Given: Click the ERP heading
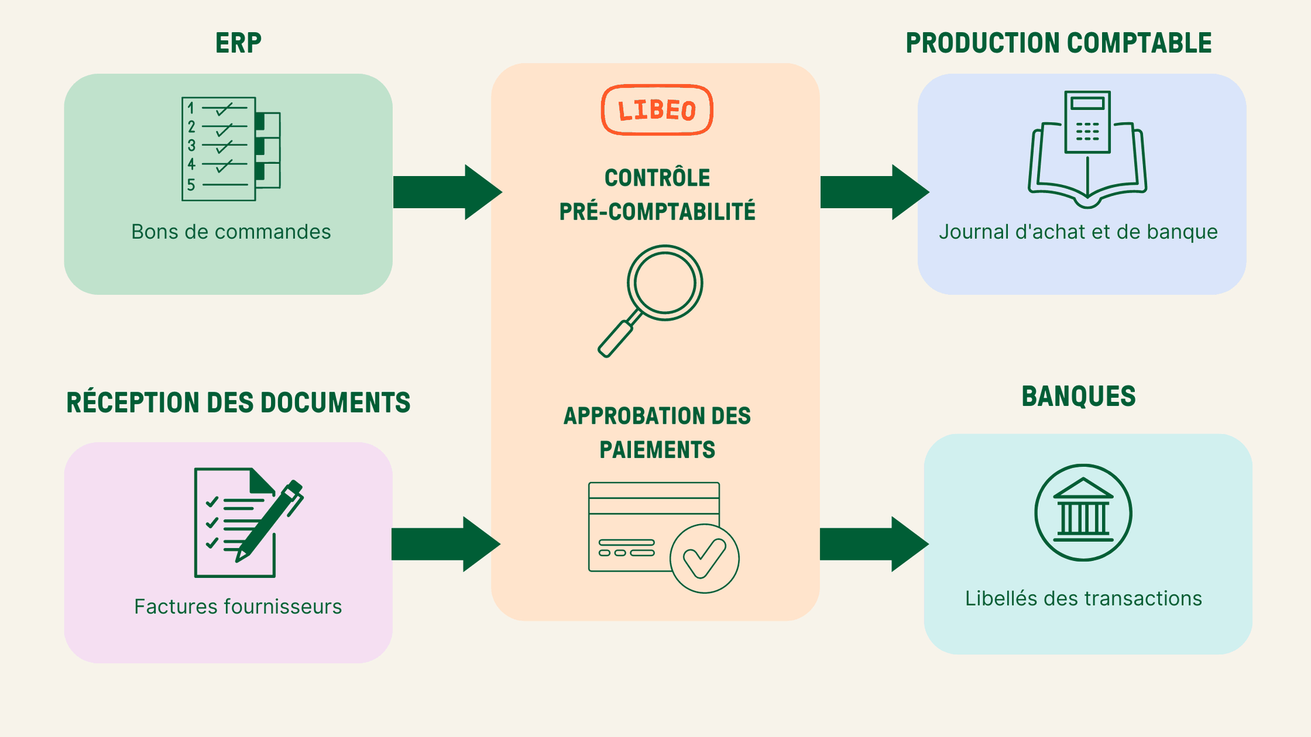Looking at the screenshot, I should (x=238, y=43).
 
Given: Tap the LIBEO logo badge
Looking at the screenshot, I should (x=657, y=110).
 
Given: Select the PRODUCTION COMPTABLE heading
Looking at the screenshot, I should (x=1058, y=43).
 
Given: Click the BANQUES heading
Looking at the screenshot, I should (x=1078, y=396).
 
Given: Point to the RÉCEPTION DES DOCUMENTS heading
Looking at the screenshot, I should (x=238, y=403).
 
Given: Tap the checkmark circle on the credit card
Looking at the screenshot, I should (x=704, y=558).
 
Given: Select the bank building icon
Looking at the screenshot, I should (x=1083, y=513).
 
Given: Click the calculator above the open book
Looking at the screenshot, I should (x=1087, y=121).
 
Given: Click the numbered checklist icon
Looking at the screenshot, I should (x=230, y=149).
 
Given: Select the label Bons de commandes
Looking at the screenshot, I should (x=231, y=232).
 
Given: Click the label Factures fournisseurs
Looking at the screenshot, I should (x=238, y=607).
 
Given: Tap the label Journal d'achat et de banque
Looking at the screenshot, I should (x=1078, y=232).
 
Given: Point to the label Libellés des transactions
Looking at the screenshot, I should (x=1083, y=598).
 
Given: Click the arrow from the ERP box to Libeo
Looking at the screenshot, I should (x=447, y=192).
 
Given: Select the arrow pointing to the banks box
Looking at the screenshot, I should (x=873, y=544).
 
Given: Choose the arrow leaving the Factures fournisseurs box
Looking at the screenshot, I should (x=445, y=544).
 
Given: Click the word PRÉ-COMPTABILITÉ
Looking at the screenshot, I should (x=657, y=212).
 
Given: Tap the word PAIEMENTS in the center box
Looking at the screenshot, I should (x=657, y=450).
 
